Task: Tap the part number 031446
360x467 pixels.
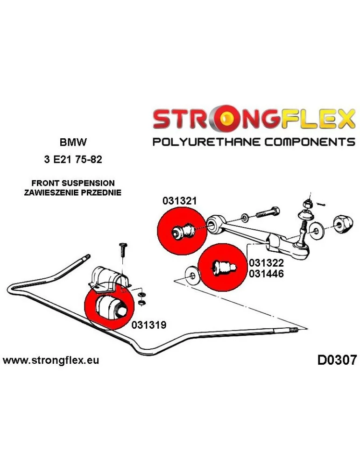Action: click(266, 274)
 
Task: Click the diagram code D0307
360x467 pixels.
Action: click(337, 360)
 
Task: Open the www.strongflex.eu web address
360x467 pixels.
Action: click(51, 361)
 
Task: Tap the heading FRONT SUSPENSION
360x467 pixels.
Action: click(72, 183)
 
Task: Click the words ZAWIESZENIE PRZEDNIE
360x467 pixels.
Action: click(72, 192)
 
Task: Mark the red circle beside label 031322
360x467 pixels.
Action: click(222, 268)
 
